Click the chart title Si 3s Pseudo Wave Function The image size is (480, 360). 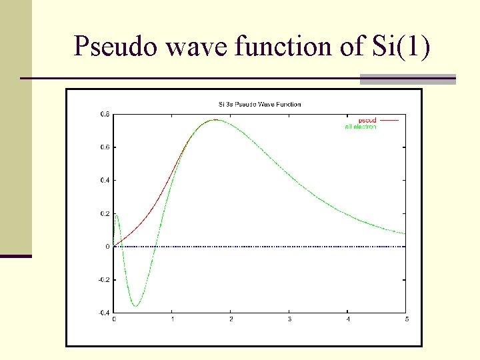click(x=260, y=104)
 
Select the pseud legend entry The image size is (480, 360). click(x=367, y=120)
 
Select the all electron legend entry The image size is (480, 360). click(x=361, y=127)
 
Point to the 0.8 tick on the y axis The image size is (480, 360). click(x=105, y=114)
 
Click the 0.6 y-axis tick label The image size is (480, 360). click(x=105, y=147)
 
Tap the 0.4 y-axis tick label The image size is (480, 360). click(x=105, y=180)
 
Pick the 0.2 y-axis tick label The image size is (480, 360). click(x=105, y=213)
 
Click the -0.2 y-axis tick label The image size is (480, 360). click(x=104, y=279)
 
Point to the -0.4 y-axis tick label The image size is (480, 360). click(x=104, y=313)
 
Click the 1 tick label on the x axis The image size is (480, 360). click(x=172, y=319)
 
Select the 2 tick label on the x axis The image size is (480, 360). click(x=231, y=319)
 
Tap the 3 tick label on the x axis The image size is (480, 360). click(x=289, y=319)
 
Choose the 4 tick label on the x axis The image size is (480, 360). click(x=348, y=319)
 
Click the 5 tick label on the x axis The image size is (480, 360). click(x=406, y=319)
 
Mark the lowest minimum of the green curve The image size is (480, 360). click(x=136, y=306)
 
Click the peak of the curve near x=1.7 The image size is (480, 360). click(x=215, y=120)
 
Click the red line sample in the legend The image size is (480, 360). click(x=389, y=120)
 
